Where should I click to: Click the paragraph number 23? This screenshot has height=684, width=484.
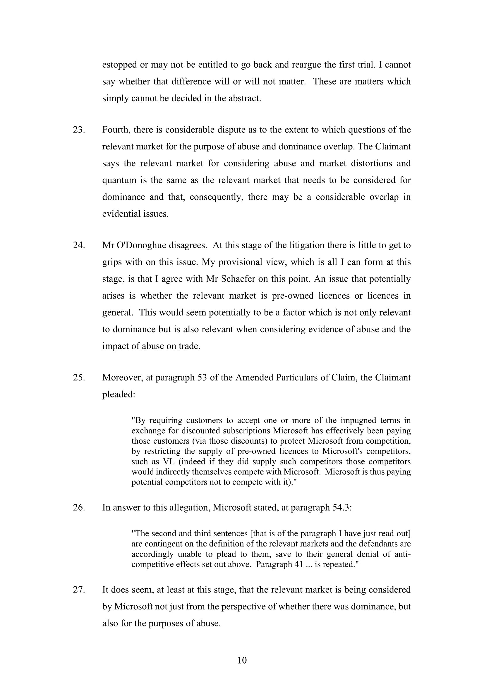coord(79,130)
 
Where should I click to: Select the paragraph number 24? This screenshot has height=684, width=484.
coord(79,245)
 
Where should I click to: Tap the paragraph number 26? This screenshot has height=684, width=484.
coord(79,507)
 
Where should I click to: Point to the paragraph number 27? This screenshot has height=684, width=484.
coord(79,590)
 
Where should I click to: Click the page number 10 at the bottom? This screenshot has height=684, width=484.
coord(242,661)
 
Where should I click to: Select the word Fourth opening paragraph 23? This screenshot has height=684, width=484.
coord(116,130)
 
